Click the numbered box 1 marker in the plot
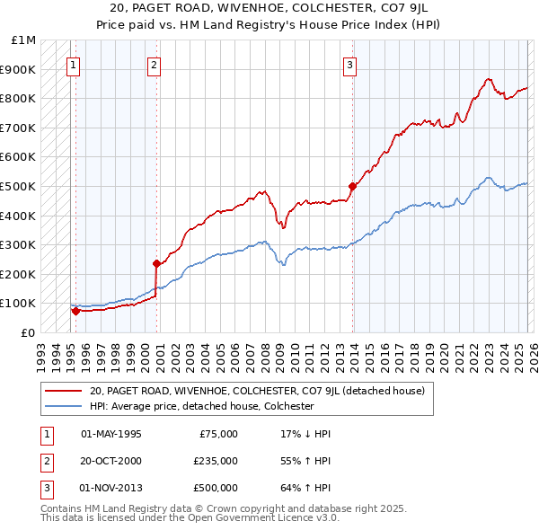tap(73, 65)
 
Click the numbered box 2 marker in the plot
tap(155, 65)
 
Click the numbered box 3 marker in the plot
tap(349, 65)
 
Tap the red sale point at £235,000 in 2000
tap(156, 264)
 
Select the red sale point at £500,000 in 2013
tap(352, 186)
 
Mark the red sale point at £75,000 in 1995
tap(75, 311)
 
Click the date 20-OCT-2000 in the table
tap(111, 461)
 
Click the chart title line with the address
tap(269, 6)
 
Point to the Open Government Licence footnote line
tap(190, 519)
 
